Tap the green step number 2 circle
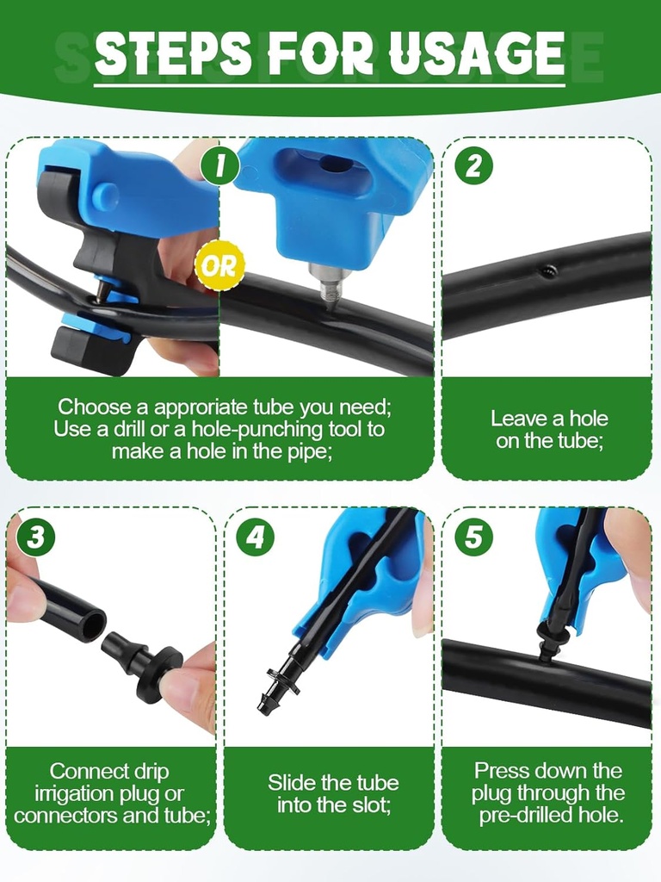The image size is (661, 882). point(473,166)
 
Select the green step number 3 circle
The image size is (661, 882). point(35,537)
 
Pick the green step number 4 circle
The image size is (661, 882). point(255,537)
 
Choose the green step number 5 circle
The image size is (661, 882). point(473,537)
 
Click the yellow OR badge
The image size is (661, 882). point(219,265)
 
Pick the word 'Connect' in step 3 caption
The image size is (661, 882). point(85,771)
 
